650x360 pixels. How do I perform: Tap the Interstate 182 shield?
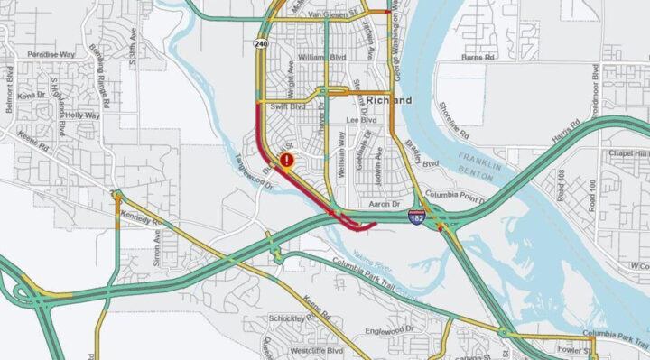click(416, 217)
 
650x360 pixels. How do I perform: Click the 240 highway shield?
click(262, 42)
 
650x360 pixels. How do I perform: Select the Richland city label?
click(389, 100)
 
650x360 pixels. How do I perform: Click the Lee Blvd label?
click(361, 120)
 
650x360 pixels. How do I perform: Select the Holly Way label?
click(82, 115)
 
